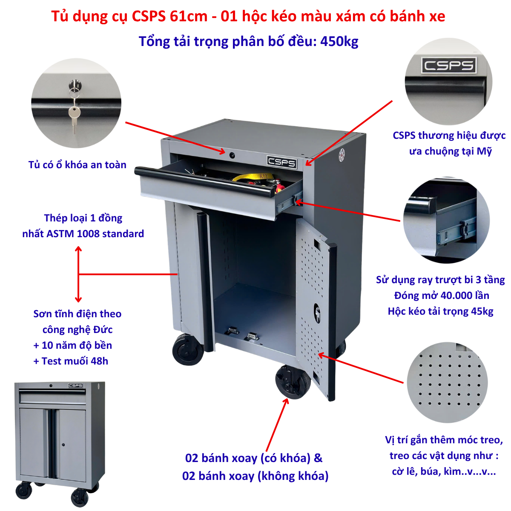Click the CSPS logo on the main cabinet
281,162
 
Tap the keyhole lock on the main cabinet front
232,155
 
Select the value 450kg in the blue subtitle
339,41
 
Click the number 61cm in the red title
189,16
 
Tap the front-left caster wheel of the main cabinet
188,350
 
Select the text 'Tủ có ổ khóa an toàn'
78,165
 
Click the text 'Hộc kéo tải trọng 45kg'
440,311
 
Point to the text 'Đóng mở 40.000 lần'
442,296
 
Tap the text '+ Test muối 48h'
71,361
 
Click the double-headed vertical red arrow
78,274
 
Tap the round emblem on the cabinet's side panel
342,155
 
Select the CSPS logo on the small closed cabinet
75,385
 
